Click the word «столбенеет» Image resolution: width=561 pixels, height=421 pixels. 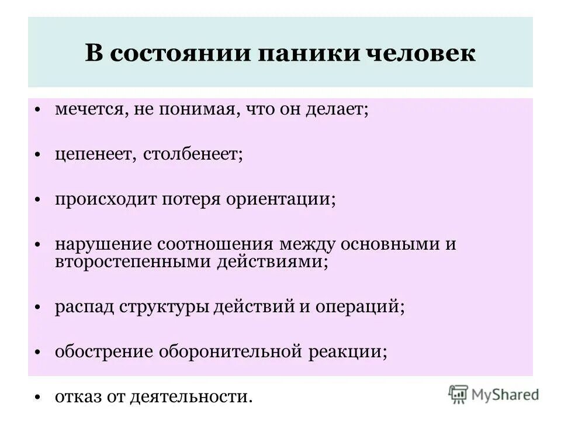tap(191, 154)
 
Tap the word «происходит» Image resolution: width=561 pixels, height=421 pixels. tap(99, 199)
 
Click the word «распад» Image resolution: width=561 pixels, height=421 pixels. tap(84, 306)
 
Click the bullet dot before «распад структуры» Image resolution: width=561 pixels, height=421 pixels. tap(37, 307)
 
